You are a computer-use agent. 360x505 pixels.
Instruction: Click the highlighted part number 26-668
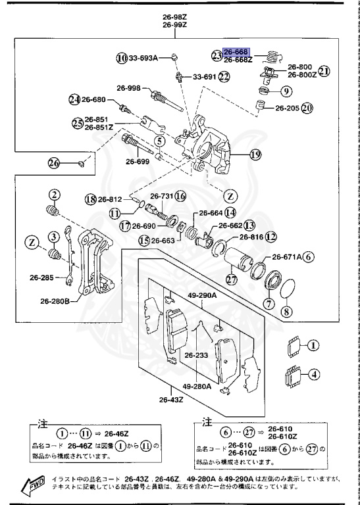coord(235,52)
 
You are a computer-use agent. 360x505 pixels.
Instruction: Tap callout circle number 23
coord(216,56)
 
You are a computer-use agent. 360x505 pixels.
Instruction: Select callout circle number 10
coord(122,59)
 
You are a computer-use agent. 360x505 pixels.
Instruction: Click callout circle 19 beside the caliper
coord(255,155)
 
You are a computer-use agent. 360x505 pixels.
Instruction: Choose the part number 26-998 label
coord(129,87)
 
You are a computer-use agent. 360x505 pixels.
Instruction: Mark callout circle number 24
coord(74,100)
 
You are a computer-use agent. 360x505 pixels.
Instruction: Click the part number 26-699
coord(138,162)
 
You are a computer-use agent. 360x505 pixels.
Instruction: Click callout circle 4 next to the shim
coord(314,375)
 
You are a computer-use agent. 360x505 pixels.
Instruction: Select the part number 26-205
coord(288,108)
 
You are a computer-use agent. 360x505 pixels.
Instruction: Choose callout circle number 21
coord(323,71)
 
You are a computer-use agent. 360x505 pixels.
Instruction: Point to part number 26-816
coord(251,237)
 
